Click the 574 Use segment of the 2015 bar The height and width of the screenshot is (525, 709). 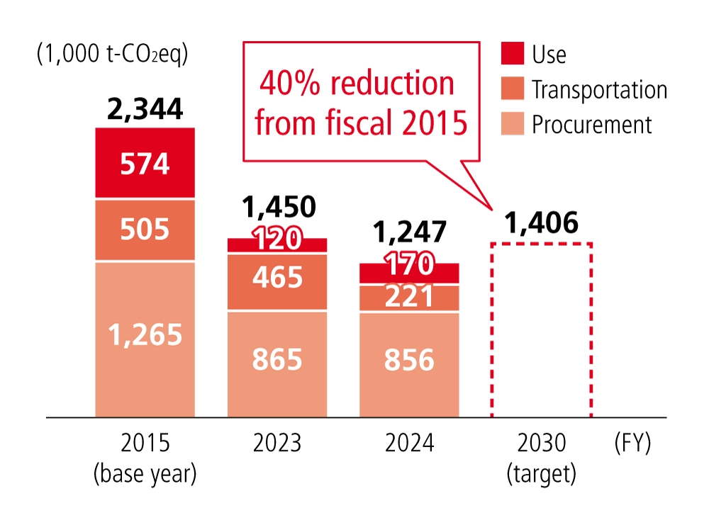[145, 164]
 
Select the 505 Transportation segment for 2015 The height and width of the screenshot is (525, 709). [145, 230]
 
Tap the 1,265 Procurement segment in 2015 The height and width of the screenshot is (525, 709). [145, 337]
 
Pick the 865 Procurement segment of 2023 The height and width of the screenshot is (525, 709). [277, 361]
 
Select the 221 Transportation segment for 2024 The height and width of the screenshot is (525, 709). [409, 298]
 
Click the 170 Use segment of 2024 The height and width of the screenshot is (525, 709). [409, 273]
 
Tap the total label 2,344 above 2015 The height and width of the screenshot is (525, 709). [145, 110]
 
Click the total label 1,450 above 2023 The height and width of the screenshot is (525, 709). [277, 207]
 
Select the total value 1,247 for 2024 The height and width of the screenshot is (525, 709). [409, 232]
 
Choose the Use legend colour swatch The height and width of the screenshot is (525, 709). [511, 53]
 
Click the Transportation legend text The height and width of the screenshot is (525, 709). [599, 90]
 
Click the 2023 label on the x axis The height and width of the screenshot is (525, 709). [277, 444]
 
